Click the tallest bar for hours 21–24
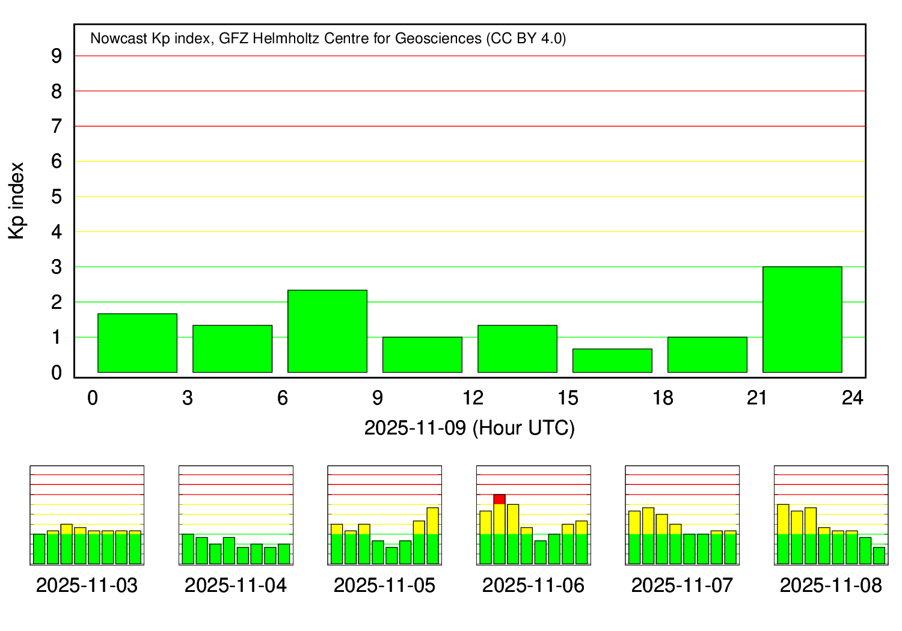coord(802,319)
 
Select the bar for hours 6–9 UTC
coord(327,331)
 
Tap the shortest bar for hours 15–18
coord(612,361)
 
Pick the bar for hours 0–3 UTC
coord(137,343)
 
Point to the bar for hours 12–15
coord(517,349)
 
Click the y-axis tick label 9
coord(57,56)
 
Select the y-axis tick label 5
coord(57,197)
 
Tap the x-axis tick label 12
coord(473,398)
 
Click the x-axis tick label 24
coord(853,398)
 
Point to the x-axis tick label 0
coord(93,398)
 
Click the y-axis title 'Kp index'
coord(17,201)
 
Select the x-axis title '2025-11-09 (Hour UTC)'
coord(470,428)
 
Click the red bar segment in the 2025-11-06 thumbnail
coord(499,499)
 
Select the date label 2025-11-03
coord(87,585)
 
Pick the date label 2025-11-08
coord(831,585)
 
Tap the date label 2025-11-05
coord(384,585)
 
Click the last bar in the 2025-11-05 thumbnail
coord(433,536)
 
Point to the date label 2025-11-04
coord(236,585)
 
